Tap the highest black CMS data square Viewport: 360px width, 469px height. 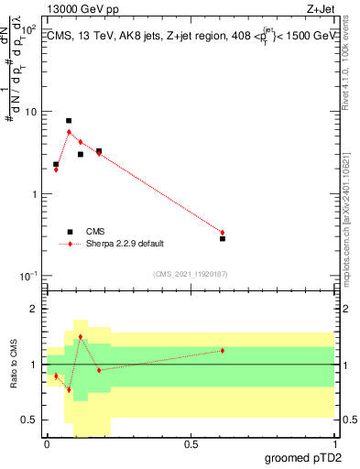pyautogui.click(x=69, y=121)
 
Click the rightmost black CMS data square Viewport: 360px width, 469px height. pyautogui.click(x=223, y=238)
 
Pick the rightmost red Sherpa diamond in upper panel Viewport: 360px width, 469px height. pyautogui.click(x=223, y=233)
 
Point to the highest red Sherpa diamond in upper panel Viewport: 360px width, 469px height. pyautogui.click(x=69, y=132)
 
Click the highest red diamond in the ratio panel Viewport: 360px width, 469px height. pyautogui.click(x=81, y=337)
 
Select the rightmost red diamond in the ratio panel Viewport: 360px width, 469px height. pyautogui.click(x=223, y=351)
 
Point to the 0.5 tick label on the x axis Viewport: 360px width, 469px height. pyautogui.click(x=191, y=444)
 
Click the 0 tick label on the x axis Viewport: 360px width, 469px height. pyautogui.click(x=47, y=444)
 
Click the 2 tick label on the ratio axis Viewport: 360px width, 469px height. pyautogui.click(x=34, y=310)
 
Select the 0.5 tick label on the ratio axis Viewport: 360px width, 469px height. pyautogui.click(x=29, y=420)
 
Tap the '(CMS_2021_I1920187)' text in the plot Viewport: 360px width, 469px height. pyautogui.click(x=190, y=274)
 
